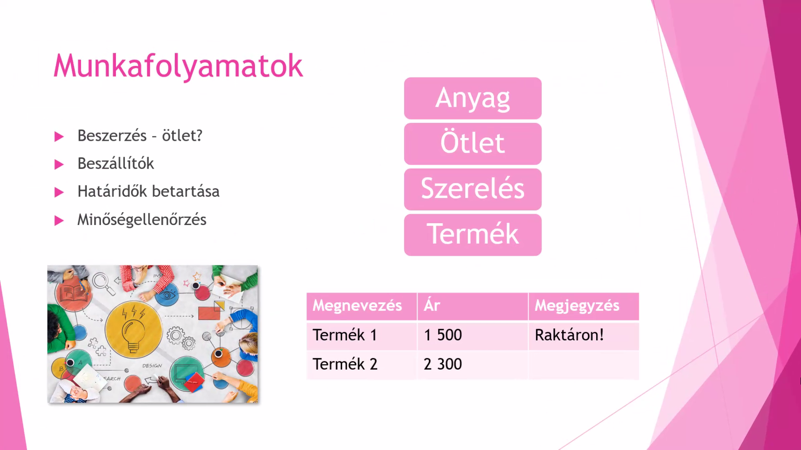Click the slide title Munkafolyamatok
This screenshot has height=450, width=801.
click(178, 66)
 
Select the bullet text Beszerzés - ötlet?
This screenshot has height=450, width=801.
click(140, 135)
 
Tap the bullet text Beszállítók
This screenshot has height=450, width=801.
click(116, 163)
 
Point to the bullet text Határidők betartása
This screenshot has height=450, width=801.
click(148, 191)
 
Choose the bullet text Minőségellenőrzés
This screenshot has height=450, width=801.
click(142, 220)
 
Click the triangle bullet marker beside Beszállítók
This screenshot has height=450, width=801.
click(59, 164)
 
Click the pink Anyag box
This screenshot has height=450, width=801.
click(473, 98)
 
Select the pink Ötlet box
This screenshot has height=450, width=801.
click(473, 144)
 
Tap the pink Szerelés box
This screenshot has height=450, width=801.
click(473, 189)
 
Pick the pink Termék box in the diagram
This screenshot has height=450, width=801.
click(473, 235)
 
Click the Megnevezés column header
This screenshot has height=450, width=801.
click(362, 306)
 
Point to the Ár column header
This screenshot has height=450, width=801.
click(473, 306)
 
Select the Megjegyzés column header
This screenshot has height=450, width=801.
click(584, 306)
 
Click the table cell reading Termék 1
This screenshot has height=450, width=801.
click(362, 335)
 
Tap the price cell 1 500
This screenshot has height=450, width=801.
click(473, 335)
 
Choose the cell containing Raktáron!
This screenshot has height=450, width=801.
click(584, 335)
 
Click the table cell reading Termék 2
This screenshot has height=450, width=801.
click(362, 365)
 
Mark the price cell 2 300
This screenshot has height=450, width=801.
click(473, 365)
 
